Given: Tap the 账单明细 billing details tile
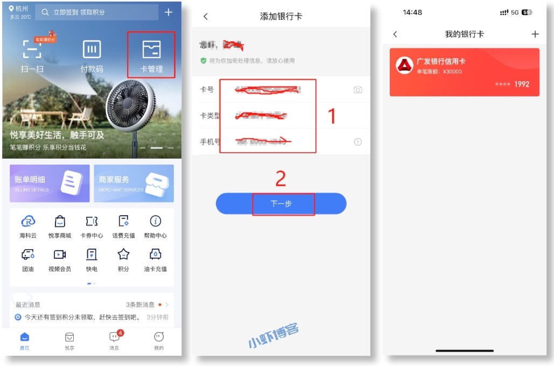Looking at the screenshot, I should coord(50,184).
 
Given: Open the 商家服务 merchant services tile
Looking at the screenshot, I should coord(134,184).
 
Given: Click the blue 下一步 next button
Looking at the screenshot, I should coord(281,204).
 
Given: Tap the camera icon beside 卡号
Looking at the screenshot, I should coord(358,90).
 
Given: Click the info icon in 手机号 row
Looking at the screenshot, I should coord(358,142).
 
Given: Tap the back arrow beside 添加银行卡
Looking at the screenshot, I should coord(205,17).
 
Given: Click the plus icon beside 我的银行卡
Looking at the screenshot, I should coord(535,34).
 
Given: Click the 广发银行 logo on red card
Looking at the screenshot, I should coord(404,65).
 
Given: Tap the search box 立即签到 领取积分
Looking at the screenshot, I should coord(97,12).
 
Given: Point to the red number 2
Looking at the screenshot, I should coord(280,179).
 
